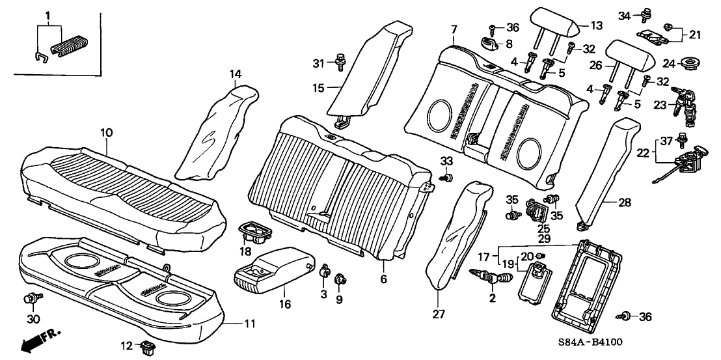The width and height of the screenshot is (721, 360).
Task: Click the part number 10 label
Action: coord(107,132)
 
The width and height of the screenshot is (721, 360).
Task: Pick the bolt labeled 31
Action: coord(339,62)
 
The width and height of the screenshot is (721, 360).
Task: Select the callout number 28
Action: coord(624,203)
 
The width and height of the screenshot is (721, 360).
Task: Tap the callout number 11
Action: coord(250,324)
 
